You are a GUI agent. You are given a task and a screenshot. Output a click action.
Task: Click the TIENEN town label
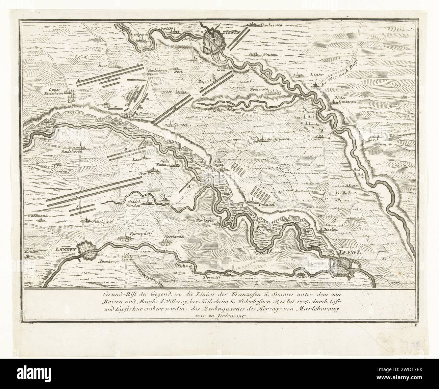230,33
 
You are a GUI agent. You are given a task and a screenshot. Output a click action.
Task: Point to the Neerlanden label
174,237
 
